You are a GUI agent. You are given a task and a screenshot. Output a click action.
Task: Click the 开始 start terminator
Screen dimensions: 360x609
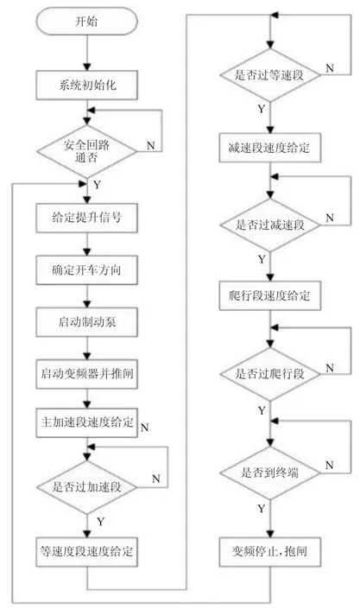click(x=86, y=22)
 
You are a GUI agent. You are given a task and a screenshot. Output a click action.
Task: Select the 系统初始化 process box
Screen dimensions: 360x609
click(x=86, y=85)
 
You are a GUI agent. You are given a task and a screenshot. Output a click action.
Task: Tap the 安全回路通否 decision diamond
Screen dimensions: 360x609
click(x=86, y=151)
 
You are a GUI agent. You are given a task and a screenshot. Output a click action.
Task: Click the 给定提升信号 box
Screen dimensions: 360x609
click(x=86, y=218)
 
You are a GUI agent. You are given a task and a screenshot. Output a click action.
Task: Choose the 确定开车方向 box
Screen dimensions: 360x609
click(x=86, y=270)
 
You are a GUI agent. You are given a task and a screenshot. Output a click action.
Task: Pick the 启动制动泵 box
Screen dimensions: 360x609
click(x=86, y=322)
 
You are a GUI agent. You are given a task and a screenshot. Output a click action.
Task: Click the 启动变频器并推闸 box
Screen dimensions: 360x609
click(x=86, y=374)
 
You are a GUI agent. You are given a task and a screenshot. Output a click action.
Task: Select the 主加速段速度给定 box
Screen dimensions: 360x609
click(x=86, y=422)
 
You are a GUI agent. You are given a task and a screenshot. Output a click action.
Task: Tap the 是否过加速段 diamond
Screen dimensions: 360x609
click(x=86, y=487)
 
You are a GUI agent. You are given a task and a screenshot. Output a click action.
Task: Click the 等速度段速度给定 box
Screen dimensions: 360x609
click(x=86, y=552)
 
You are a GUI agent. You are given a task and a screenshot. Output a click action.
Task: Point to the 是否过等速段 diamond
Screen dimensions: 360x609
click(x=270, y=74)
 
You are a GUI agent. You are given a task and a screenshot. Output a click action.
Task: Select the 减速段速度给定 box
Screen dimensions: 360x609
click(x=270, y=148)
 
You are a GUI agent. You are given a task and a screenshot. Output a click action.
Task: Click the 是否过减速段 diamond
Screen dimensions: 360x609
click(x=270, y=225)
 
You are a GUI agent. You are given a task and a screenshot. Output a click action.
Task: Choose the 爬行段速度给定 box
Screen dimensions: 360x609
click(x=270, y=296)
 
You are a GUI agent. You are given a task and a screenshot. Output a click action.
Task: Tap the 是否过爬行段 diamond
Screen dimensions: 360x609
click(x=270, y=374)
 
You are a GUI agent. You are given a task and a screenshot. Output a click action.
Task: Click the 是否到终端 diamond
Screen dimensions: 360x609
click(x=270, y=473)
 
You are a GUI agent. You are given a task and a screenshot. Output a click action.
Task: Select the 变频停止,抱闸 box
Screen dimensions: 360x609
click(x=270, y=552)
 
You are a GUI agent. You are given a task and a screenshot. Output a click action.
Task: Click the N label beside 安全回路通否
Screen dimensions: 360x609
click(x=151, y=146)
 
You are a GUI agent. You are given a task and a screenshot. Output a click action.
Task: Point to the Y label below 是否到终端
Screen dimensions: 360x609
click(x=262, y=509)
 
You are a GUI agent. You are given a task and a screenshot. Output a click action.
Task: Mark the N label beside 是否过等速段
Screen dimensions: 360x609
click(x=330, y=68)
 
